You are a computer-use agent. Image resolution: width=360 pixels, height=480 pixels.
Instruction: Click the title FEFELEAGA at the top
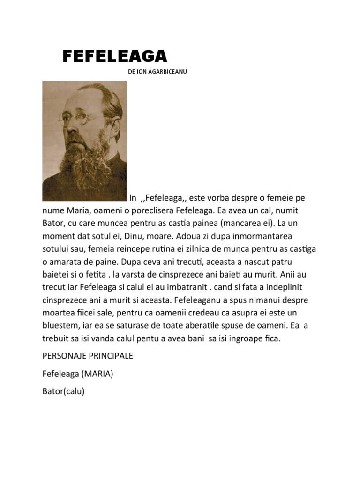(x=115, y=56)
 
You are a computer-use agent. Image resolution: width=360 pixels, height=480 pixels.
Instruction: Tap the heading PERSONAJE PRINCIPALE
(x=88, y=356)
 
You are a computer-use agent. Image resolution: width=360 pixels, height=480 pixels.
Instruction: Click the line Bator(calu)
(x=63, y=392)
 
